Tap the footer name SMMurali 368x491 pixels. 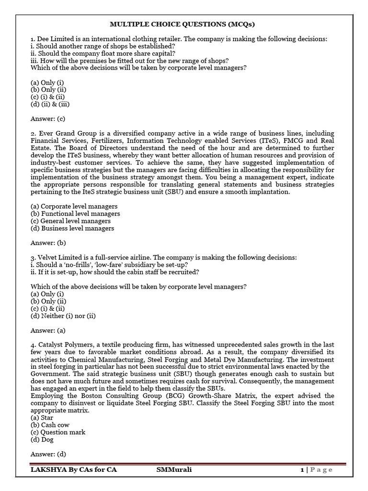pos(174,470)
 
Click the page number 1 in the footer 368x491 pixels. pos(302,470)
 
